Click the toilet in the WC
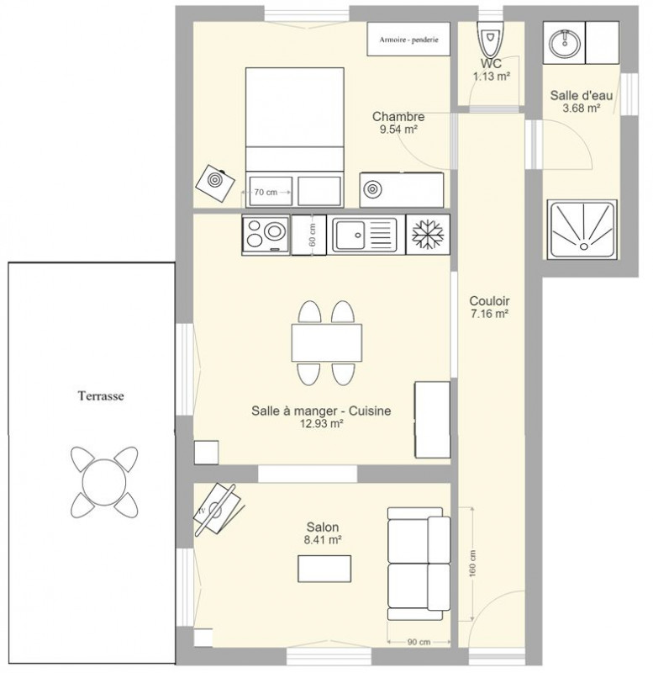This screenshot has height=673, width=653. (491, 38)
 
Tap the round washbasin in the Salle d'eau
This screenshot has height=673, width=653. (565, 43)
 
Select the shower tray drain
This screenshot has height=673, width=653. (583, 246)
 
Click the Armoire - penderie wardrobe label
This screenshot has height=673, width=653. (408, 40)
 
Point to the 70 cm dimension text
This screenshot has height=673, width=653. (266, 193)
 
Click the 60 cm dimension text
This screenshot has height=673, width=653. (312, 236)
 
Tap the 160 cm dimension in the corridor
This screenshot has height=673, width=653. (472, 563)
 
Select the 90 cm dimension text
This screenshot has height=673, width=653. (419, 642)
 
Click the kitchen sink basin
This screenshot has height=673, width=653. (350, 236)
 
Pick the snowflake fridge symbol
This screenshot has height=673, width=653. (428, 235)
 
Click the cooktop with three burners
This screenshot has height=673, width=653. (266, 235)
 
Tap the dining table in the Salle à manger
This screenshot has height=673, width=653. (327, 343)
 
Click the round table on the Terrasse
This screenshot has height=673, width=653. (104, 482)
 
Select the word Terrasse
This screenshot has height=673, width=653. (101, 395)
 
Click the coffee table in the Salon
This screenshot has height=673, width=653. (324, 569)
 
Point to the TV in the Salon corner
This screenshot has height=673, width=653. (219, 510)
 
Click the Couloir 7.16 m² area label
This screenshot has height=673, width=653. (489, 307)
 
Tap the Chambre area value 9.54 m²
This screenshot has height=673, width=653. (398, 130)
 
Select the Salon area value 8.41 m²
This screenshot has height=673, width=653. (323, 540)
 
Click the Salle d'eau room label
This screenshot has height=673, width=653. (582, 95)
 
